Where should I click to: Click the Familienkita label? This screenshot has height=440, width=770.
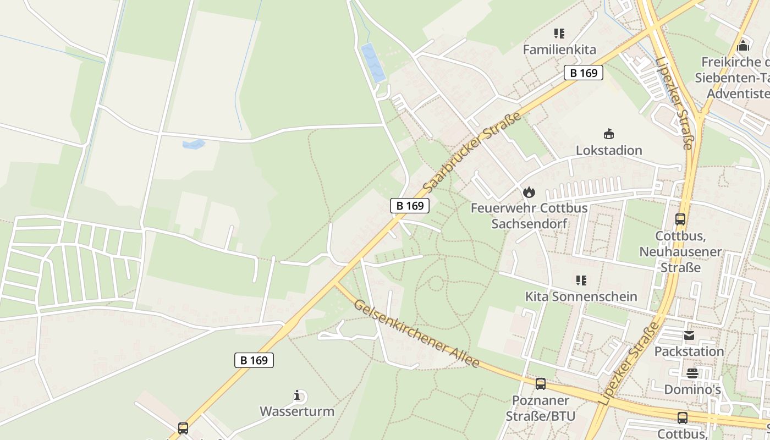coord(559,50)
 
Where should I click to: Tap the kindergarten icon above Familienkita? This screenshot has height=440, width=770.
coord(559,34)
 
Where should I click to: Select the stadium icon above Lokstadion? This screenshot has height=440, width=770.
coord(609,134)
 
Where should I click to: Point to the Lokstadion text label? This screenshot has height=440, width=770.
coord(609,150)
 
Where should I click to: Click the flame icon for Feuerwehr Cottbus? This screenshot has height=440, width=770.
coord(529,192)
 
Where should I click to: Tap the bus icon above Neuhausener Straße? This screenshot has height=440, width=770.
coord(680,219)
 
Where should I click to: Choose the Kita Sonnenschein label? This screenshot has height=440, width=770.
coord(581,296)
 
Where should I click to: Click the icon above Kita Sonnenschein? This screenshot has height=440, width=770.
coord(581,280)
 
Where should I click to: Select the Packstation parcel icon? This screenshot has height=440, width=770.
coord(689,335)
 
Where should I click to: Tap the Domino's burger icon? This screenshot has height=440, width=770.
coord(692,373)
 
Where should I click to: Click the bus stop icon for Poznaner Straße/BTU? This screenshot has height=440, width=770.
coord(541,384)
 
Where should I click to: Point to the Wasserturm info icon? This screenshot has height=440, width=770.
coord(297,395)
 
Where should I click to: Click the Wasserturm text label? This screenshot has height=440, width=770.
coord(297,411)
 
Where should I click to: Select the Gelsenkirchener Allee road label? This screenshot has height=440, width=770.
coord(416,333)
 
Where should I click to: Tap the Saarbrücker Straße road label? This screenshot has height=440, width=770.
coord(472,152)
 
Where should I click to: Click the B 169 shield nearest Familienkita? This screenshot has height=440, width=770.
coord(584,73)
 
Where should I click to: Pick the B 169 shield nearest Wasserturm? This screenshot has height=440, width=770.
coord(254,360)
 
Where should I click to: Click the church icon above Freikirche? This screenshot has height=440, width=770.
coord(744,45)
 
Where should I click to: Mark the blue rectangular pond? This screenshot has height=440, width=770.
coord(372,63)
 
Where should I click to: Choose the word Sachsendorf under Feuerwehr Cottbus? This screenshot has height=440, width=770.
coord(529,224)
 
